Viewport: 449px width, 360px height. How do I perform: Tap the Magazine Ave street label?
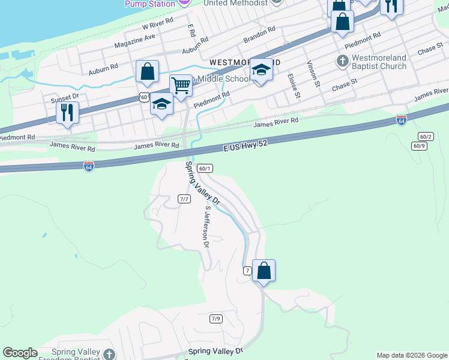[134, 41]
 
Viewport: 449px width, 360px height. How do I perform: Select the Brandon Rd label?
[259, 34]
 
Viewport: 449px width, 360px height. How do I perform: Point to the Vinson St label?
[312, 74]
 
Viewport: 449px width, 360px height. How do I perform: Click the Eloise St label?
[293, 86]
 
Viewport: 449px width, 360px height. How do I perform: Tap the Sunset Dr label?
[65, 97]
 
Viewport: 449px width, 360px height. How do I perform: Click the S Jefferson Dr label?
[206, 227]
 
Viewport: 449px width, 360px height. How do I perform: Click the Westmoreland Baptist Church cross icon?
[342, 62]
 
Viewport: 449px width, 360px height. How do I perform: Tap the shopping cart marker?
[181, 85]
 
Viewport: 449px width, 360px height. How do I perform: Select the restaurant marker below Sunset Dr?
[67, 112]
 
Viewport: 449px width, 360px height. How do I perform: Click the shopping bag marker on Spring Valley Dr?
[264, 271]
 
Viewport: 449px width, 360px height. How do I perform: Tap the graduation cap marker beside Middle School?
[261, 70]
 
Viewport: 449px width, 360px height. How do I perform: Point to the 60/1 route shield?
[205, 169]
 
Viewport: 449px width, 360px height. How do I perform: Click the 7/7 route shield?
[184, 199]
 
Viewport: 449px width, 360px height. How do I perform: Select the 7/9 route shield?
[216, 318]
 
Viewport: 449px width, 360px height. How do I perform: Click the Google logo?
[20, 353]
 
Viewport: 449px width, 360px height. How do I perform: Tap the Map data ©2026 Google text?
[411, 355]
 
